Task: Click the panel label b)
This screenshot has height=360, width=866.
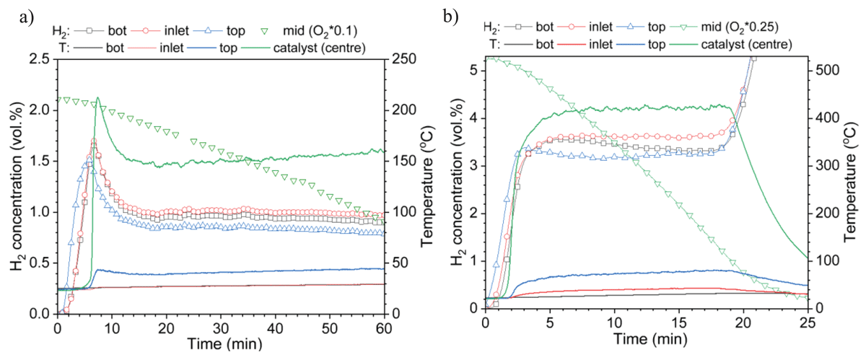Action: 451,17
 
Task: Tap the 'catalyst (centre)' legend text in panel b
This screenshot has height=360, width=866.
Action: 746,44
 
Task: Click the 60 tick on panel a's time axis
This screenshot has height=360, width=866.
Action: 384,328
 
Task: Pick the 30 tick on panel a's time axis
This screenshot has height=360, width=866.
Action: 221,328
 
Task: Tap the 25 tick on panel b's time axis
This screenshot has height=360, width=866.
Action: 808,323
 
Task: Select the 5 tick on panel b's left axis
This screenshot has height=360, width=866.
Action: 473,71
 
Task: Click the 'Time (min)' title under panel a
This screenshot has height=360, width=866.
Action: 224,343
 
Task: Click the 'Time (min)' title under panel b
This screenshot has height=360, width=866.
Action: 651,339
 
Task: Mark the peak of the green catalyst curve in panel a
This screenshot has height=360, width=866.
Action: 98,97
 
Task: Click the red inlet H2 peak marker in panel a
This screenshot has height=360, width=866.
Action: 94,141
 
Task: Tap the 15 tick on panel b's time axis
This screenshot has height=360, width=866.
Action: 679,323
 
